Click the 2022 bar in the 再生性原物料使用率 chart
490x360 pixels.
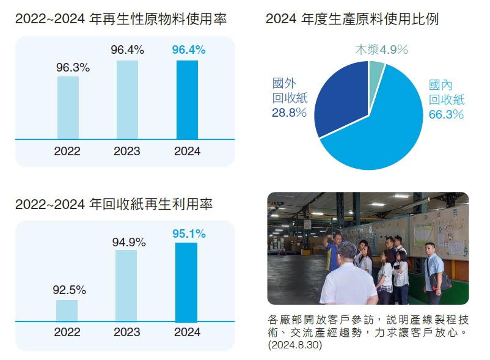tap(68, 108)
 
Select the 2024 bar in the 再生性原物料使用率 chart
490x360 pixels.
tap(187, 100)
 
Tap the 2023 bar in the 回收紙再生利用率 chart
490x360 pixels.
tap(126, 285)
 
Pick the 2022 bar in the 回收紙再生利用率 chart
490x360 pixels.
tap(67, 310)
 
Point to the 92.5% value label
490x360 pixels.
tap(69, 290)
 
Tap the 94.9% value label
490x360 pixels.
tap(129, 243)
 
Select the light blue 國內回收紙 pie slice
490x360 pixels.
tap(385, 128)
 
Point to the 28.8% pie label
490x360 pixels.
tap(289, 112)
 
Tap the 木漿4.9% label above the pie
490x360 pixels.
tap(381, 50)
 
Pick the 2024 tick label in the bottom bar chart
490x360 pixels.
tap(187, 332)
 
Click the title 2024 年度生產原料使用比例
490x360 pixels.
tap(352, 20)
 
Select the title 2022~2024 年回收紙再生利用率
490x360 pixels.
tap(114, 205)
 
